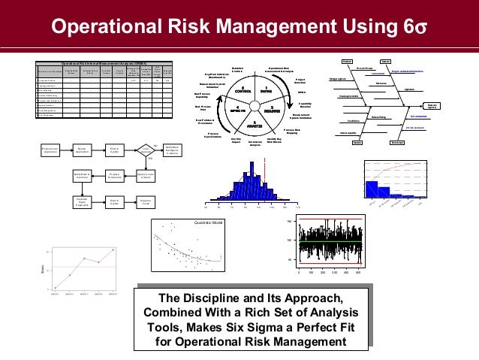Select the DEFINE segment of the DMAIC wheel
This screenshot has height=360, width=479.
click(265, 92)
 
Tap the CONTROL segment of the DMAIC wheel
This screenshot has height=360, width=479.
click(243, 92)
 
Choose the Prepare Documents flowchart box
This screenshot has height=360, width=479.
click(113, 176)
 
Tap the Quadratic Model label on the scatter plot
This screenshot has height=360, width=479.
click(209, 222)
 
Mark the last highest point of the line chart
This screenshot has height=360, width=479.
click(113, 249)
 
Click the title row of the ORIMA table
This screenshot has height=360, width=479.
click(104, 63)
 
